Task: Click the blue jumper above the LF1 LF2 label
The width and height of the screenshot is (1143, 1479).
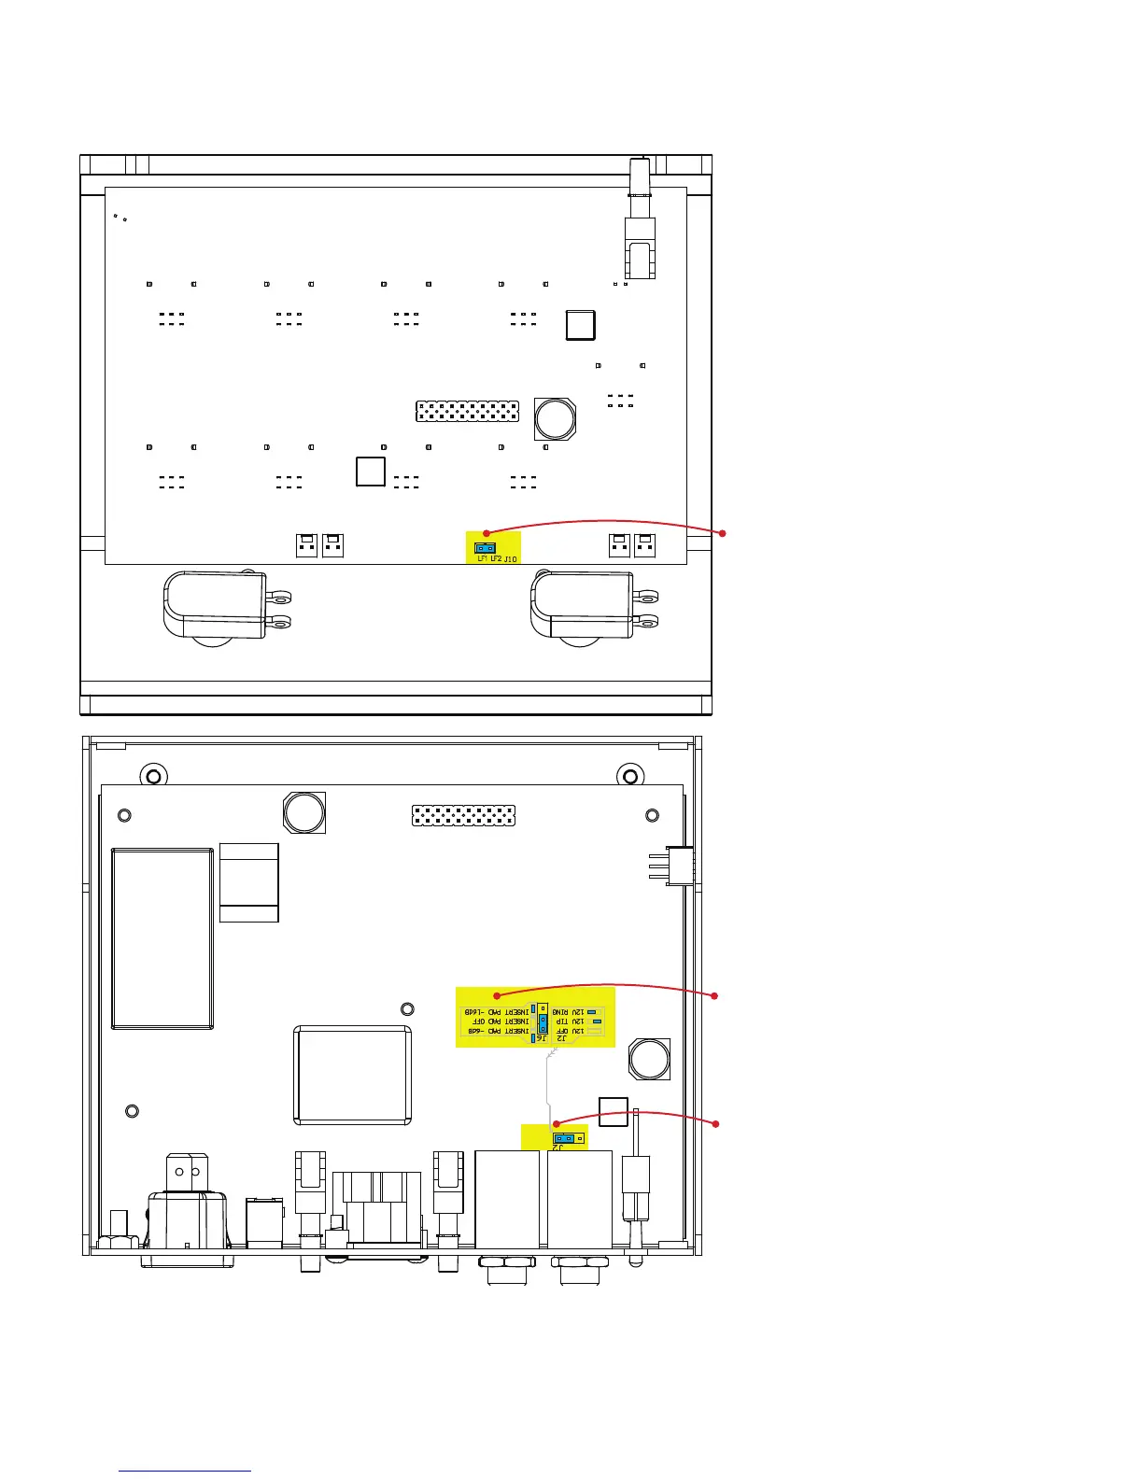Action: pos(484,548)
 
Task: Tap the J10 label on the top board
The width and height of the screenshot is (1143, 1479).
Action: pos(510,559)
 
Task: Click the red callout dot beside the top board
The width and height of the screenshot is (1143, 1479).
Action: pos(723,533)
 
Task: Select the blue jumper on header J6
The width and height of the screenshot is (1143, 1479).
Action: pos(543,1021)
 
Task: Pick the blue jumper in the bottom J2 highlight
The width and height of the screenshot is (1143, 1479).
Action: pos(563,1139)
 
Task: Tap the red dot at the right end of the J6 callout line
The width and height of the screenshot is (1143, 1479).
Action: pos(717,996)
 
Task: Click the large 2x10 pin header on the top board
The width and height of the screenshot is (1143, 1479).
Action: pos(467,411)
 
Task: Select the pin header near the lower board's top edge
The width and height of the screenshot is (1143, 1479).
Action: pos(464,816)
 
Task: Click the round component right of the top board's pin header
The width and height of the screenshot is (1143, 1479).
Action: pos(555,419)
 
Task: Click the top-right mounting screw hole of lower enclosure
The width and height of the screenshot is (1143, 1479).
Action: pos(630,775)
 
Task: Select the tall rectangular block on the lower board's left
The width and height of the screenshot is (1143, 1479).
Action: pos(162,937)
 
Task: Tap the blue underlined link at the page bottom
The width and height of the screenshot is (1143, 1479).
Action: pos(186,1471)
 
